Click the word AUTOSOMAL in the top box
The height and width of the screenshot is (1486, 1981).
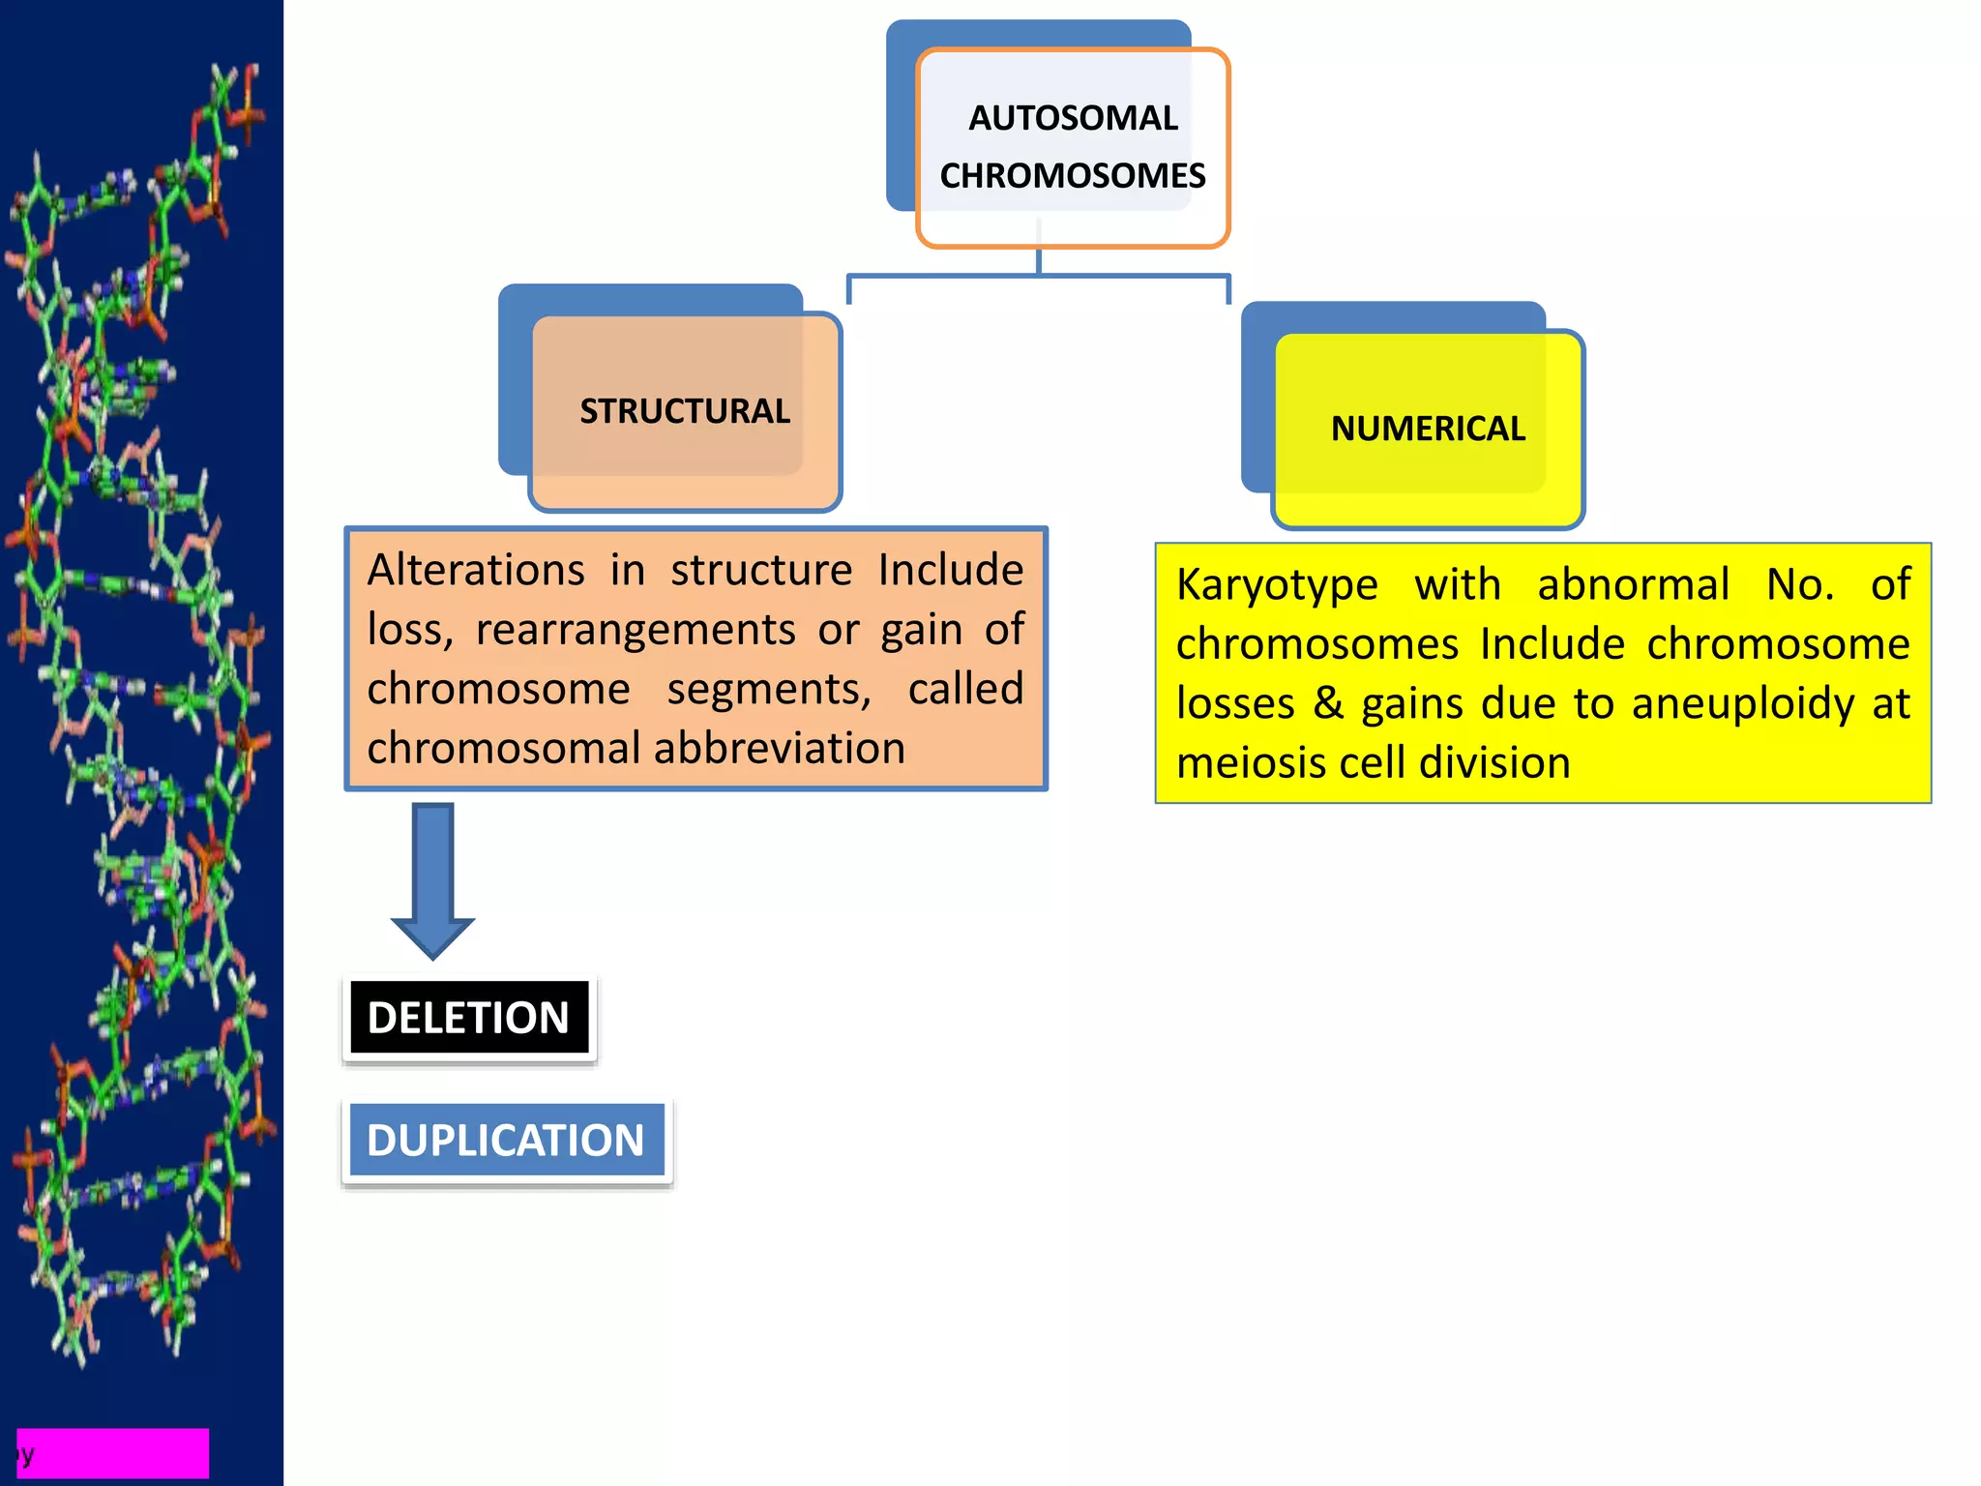point(1073,118)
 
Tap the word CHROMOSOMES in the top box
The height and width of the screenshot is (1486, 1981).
point(1073,176)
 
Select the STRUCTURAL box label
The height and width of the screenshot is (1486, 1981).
point(685,411)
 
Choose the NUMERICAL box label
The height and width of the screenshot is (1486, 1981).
point(1428,429)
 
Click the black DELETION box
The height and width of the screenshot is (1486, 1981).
point(469,1018)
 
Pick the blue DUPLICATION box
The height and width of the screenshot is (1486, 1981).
point(506,1141)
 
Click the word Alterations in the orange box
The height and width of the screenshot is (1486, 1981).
point(476,570)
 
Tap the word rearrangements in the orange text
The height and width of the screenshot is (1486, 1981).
point(636,630)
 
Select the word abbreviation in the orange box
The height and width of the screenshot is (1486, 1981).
point(779,749)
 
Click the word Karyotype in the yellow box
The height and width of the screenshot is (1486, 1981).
point(1277,585)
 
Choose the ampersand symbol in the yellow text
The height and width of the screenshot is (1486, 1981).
point(1328,703)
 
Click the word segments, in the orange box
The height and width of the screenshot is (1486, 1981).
point(769,690)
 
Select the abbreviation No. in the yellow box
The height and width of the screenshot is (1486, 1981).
point(1800,585)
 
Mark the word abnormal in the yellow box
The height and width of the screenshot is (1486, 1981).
point(1633,585)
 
